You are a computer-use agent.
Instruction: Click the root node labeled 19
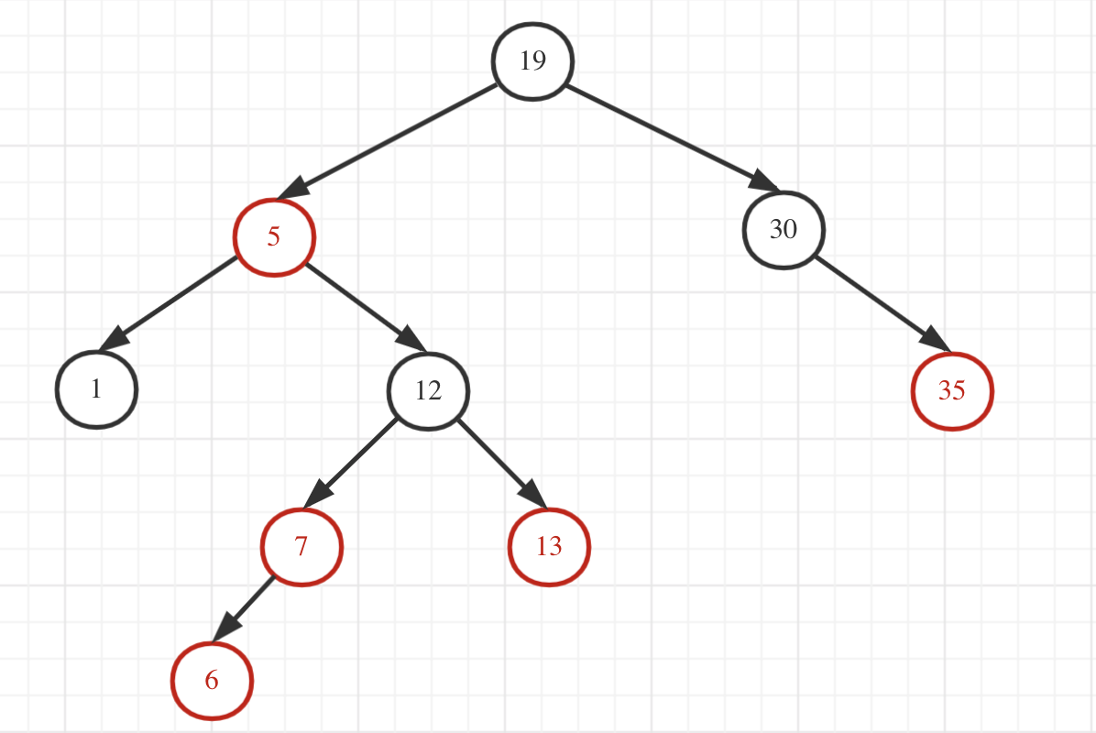(532, 60)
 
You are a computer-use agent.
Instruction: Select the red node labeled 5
(274, 236)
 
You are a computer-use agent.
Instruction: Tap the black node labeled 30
(783, 229)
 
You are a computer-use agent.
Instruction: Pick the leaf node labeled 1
(96, 388)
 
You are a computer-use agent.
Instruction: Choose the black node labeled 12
(428, 391)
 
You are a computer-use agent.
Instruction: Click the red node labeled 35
(952, 390)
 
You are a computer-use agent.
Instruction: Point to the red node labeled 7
(301, 546)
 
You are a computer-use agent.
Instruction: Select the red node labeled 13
(549, 547)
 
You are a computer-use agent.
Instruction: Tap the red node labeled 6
(212, 680)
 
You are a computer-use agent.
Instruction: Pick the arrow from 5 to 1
(169, 303)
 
